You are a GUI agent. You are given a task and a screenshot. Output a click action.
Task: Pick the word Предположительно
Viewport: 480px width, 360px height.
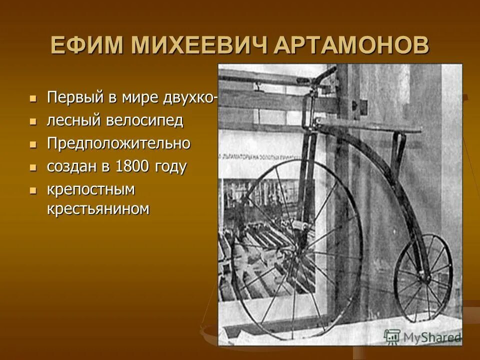[x=119, y=144]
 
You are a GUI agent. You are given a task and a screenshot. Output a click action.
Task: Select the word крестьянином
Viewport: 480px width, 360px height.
[x=98, y=208]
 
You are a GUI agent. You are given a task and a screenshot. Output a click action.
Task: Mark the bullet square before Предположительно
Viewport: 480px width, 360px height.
[x=33, y=144]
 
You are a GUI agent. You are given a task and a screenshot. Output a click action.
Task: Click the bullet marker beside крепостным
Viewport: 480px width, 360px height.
[x=33, y=190]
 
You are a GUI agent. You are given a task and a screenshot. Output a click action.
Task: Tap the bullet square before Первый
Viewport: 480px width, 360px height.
[x=33, y=97]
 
